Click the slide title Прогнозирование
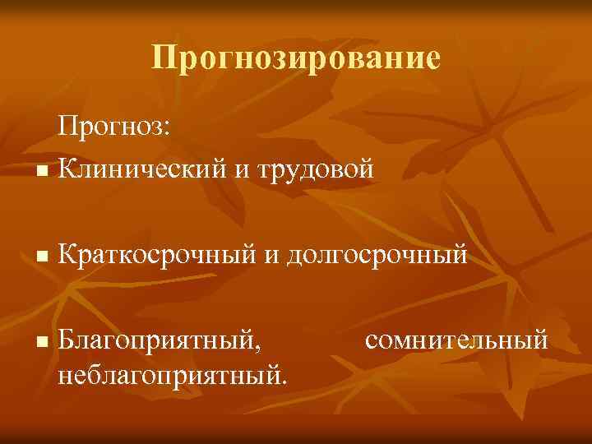click(296, 58)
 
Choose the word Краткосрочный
click(157, 256)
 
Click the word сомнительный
click(454, 338)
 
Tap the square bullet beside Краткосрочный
click(42, 258)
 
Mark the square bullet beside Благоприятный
click(42, 340)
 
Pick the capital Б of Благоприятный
click(67, 337)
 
